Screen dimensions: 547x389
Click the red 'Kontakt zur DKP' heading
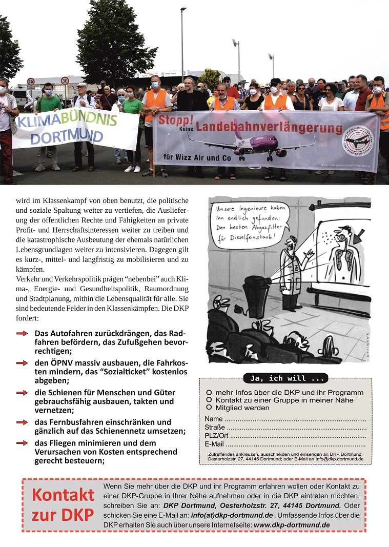(63, 505)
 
